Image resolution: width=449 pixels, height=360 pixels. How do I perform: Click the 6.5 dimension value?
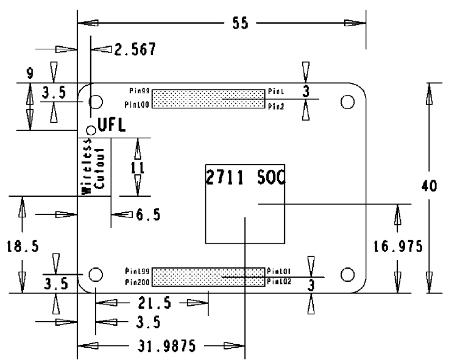pyautogui.click(x=147, y=214)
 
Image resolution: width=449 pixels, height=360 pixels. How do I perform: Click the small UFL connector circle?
pyautogui.click(x=91, y=129)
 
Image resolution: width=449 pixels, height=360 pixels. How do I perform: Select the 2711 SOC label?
pyautogui.click(x=246, y=178)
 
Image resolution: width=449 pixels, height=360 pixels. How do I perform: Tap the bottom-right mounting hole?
pyautogui.click(x=348, y=274)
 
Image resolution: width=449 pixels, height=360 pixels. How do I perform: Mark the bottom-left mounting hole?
pyautogui.click(x=96, y=274)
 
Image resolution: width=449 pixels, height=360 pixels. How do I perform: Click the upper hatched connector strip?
pyautogui.click(x=207, y=99)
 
